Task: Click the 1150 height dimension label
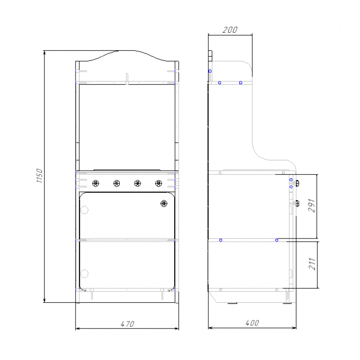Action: [x=40, y=175]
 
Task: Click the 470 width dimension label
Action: [x=127, y=324]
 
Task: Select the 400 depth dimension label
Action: [x=252, y=323]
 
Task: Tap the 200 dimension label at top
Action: [x=230, y=30]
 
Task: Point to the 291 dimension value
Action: [x=311, y=206]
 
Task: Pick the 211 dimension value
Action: [x=311, y=264]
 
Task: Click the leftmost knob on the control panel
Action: [x=95, y=184]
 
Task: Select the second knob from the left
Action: [x=117, y=184]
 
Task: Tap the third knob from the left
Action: [x=138, y=184]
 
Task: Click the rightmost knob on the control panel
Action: [x=158, y=184]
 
